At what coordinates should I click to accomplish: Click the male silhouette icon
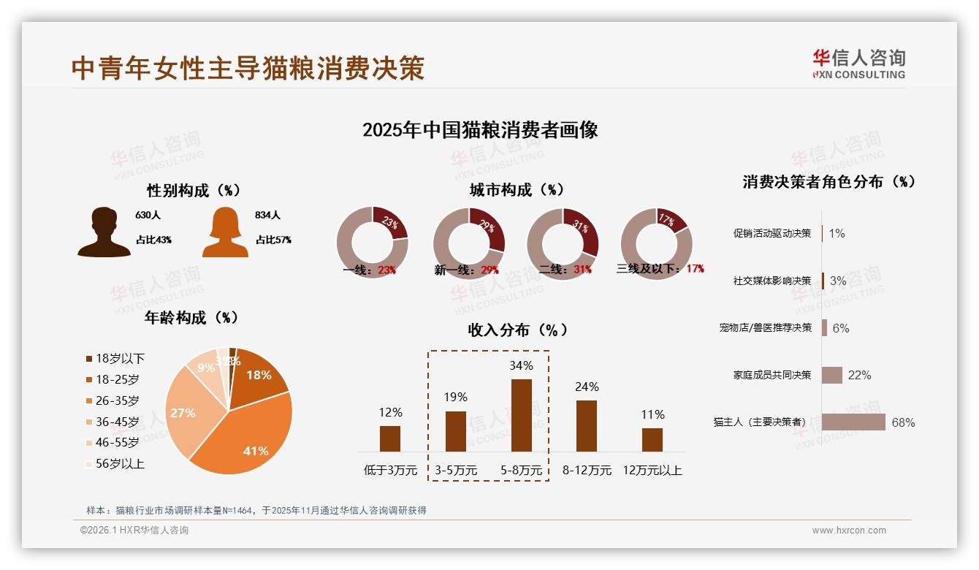pyautogui.click(x=104, y=232)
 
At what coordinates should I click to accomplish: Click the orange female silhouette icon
pyautogui.click(x=225, y=232)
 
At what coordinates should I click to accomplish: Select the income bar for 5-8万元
pyautogui.click(x=521, y=415)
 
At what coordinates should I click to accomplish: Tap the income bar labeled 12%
pyautogui.click(x=390, y=438)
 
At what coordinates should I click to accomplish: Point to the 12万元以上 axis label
pyautogui.click(x=652, y=471)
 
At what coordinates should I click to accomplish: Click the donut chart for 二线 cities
pyautogui.click(x=563, y=243)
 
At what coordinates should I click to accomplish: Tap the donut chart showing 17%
pyautogui.click(x=656, y=243)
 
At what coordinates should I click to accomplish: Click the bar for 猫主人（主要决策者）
pyautogui.click(x=853, y=422)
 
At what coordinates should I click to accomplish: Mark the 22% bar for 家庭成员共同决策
pyautogui.click(x=832, y=375)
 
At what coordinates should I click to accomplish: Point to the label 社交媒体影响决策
pyautogui.click(x=772, y=281)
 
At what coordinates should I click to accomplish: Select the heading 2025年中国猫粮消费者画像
pyautogui.click(x=480, y=130)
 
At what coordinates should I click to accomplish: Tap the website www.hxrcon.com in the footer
pyautogui.click(x=849, y=531)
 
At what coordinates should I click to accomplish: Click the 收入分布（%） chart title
pyautogui.click(x=517, y=330)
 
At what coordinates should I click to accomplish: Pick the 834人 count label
pyautogui.click(x=268, y=216)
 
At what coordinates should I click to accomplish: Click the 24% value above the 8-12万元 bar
pyautogui.click(x=587, y=387)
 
